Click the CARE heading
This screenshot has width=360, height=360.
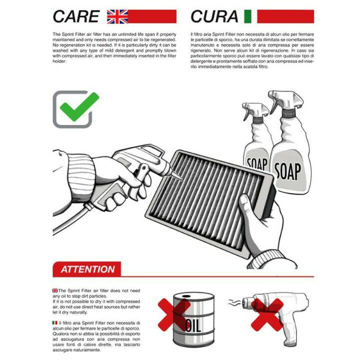click(76, 16)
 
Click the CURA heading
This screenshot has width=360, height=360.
click(214, 16)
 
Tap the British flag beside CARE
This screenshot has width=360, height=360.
click(117, 16)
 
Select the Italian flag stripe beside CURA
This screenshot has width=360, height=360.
click(247, 16)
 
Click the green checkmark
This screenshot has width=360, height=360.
click(79, 107)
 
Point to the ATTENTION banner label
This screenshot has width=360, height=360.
click(87, 269)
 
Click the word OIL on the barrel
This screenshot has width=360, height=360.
click(193, 325)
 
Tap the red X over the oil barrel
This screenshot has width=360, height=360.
click(174, 315)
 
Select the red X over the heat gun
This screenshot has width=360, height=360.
click(267, 315)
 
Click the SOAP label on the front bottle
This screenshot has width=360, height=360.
click(287, 171)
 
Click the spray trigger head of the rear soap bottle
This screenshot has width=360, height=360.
click(255, 110)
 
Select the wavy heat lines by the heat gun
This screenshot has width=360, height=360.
click(234, 303)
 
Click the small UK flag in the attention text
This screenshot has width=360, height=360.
click(55, 290)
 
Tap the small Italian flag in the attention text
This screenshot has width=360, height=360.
click(55, 323)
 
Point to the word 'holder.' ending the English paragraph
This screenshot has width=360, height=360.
click(59, 61)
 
